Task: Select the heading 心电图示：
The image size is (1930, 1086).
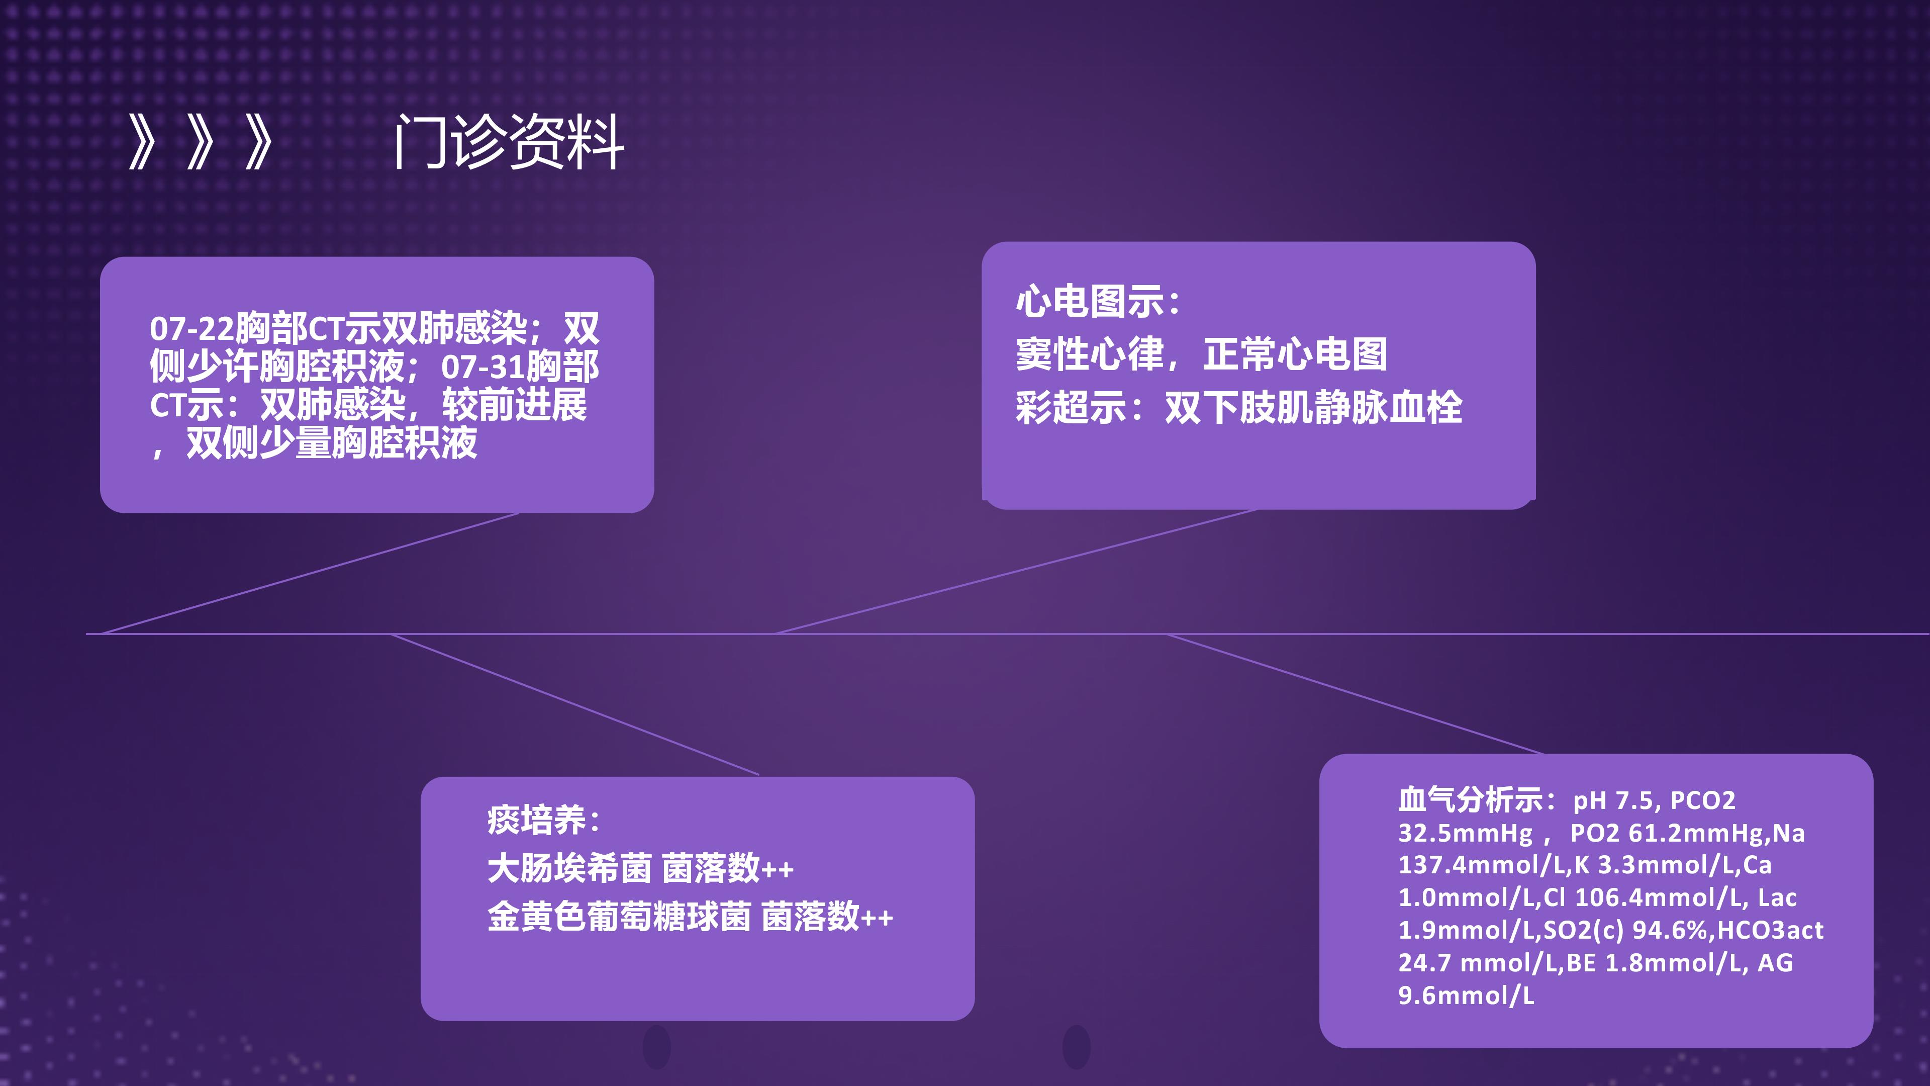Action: [1099, 301]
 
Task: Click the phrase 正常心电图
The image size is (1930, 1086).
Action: [1295, 354]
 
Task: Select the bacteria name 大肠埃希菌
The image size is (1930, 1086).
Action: [569, 869]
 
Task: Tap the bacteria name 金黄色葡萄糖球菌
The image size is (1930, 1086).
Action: [619, 917]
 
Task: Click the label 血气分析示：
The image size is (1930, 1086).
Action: [1478, 800]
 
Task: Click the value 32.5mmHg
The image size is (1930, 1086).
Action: [1466, 833]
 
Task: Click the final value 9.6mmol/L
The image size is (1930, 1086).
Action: [1466, 995]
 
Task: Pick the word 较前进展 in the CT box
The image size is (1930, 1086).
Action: [514, 405]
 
